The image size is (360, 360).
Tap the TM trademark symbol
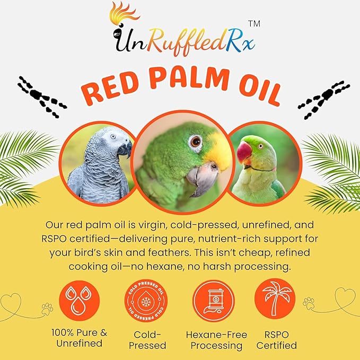point(254,24)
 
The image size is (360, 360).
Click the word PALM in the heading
point(183,92)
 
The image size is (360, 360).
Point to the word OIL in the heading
point(254,92)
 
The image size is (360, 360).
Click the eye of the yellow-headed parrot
point(196,142)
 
